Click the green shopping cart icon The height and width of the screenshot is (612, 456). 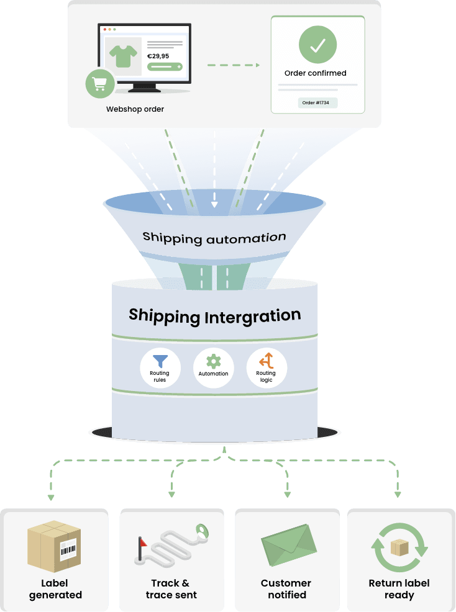tap(100, 84)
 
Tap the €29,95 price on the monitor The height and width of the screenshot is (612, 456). tap(158, 56)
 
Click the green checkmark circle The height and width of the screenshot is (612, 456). tap(317, 45)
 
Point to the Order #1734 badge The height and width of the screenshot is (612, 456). tap(316, 102)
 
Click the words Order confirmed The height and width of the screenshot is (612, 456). tap(316, 73)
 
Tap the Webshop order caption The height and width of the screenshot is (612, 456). tap(135, 109)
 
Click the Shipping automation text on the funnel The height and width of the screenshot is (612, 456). tap(214, 237)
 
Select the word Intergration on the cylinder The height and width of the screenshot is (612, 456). tap(252, 316)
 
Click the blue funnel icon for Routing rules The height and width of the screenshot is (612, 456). tap(160, 361)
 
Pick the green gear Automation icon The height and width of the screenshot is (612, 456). tap(213, 361)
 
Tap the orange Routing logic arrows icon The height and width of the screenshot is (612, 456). tap(267, 361)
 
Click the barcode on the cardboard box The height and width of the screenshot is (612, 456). tap(68, 551)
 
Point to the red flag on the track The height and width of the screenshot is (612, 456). tap(142, 542)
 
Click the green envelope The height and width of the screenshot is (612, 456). tap(289, 545)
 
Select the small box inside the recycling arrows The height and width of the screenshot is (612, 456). tap(399, 547)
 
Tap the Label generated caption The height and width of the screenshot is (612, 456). tap(55, 589)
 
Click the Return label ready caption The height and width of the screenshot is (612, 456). tap(399, 589)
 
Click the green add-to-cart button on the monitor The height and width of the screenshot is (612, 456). tap(165, 67)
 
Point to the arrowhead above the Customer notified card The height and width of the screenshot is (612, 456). tap(288, 495)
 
